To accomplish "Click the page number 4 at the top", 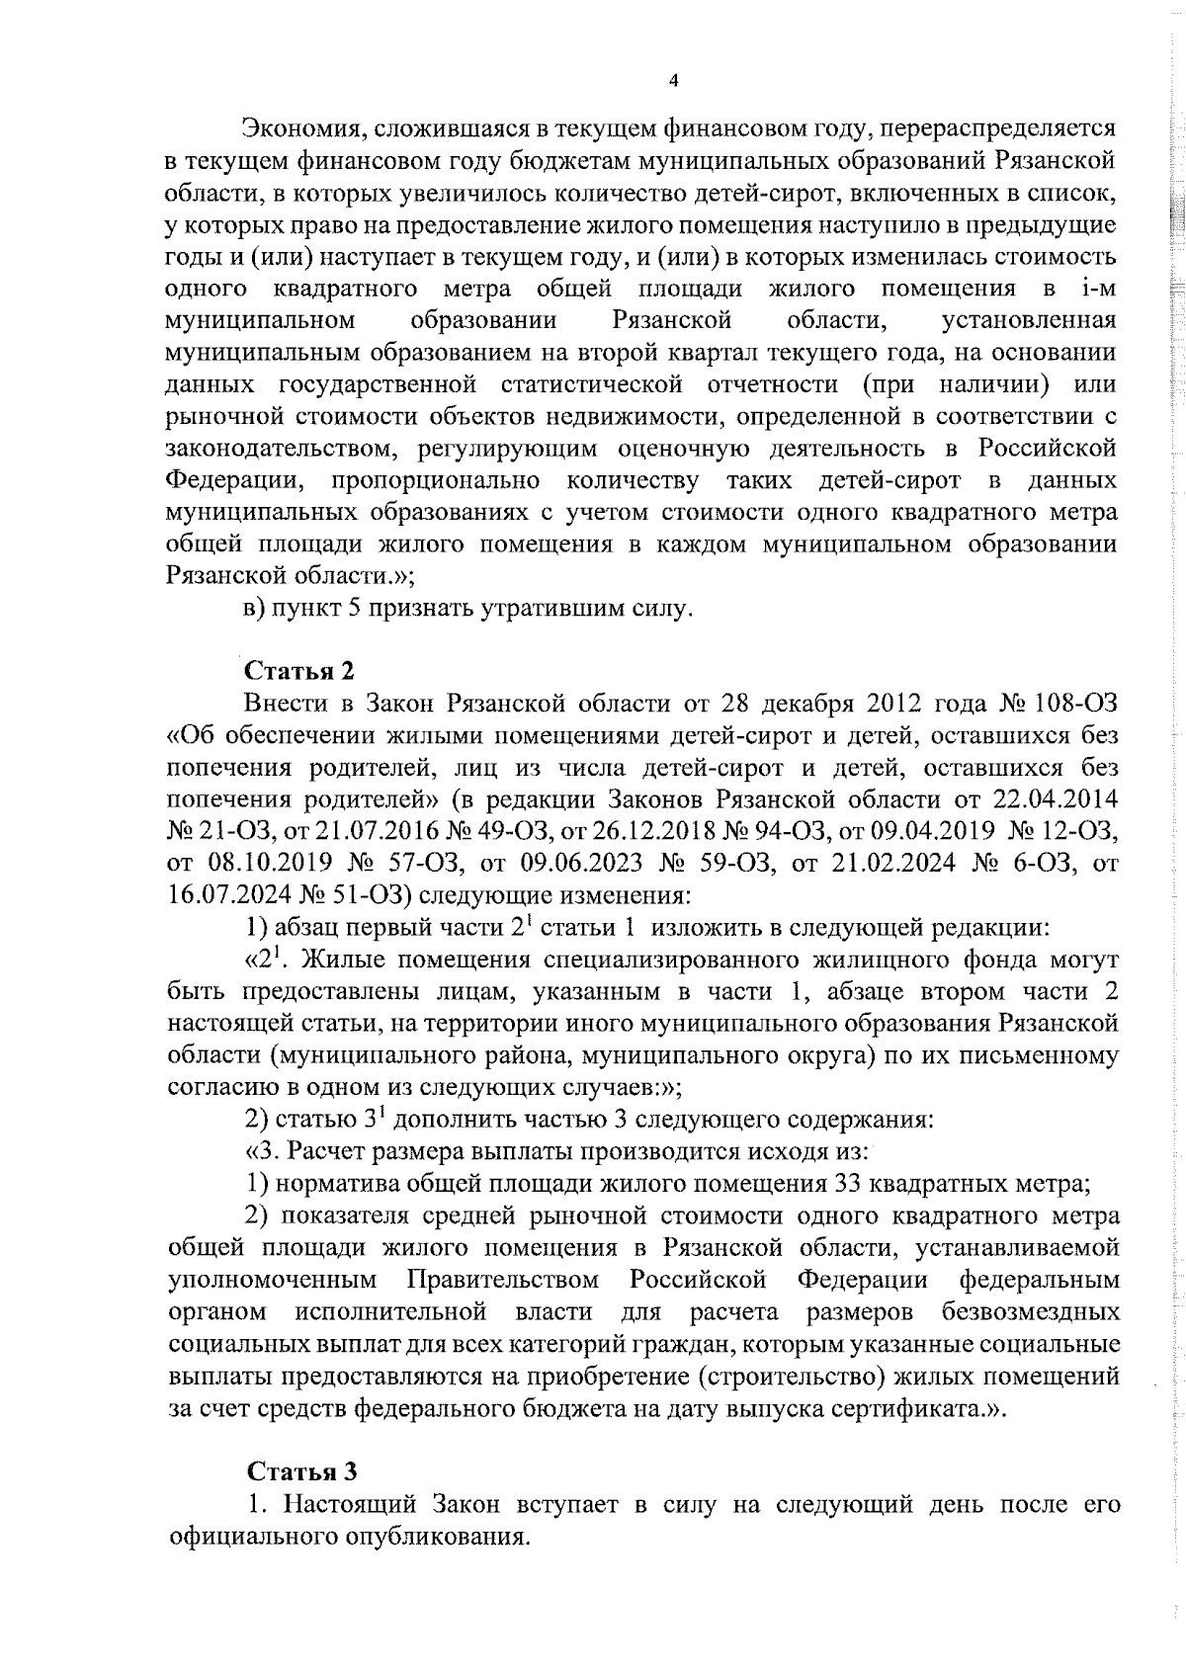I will point(673,81).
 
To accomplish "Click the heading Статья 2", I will point(299,670).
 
